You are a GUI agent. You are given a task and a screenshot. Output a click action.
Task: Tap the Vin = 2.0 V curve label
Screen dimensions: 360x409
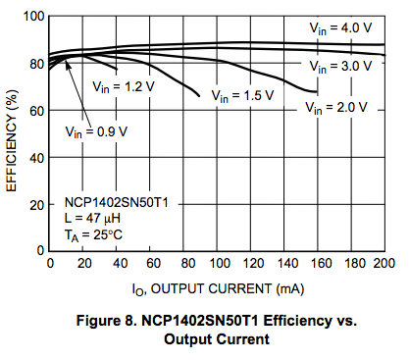(336, 106)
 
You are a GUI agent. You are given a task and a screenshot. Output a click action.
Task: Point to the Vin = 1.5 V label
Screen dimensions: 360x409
(239, 96)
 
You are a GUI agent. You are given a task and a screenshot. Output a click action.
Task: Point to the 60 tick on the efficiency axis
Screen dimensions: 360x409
(35, 112)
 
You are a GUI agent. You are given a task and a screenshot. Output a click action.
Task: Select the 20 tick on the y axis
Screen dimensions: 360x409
(35, 206)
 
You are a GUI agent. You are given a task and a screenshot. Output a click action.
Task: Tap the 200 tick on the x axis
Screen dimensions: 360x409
(383, 265)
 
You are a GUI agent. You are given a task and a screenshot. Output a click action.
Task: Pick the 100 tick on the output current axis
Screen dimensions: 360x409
(217, 265)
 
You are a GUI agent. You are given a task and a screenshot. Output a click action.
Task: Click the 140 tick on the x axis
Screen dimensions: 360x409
(283, 265)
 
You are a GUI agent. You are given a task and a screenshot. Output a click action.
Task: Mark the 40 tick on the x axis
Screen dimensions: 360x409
(117, 265)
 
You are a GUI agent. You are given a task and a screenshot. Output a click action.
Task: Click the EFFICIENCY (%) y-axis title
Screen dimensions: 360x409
(11, 134)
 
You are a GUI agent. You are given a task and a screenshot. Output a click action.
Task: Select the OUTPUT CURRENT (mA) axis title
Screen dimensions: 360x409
(216, 288)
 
